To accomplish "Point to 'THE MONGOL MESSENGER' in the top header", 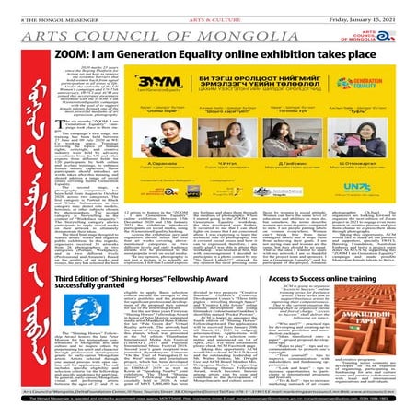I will pyautogui.click(x=44, y=8).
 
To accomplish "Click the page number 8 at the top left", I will pyautogui.click(x=7, y=8).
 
